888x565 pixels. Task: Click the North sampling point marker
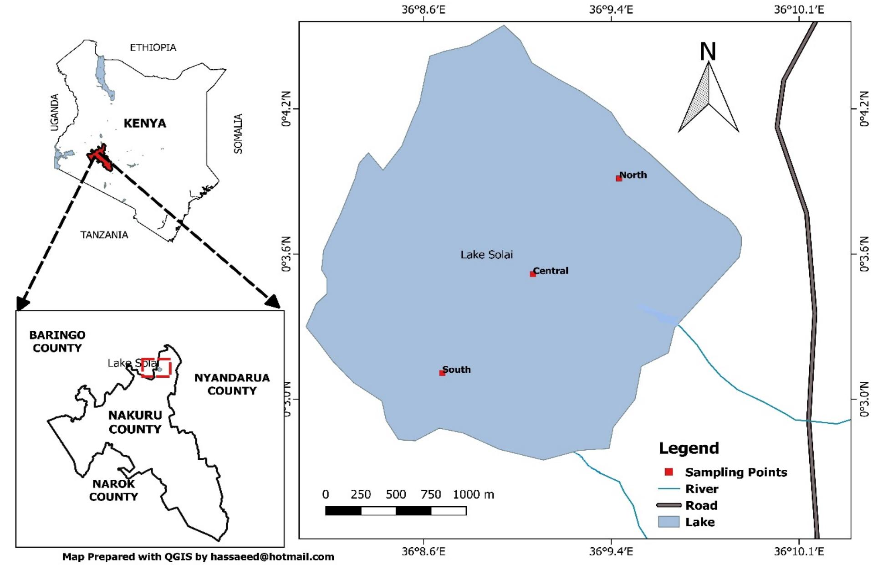[618, 179]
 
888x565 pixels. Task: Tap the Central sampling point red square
[532, 274]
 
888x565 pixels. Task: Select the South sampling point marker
[442, 373]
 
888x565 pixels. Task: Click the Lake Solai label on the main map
[486, 255]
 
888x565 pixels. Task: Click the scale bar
[395, 511]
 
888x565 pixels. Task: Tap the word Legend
[689, 448]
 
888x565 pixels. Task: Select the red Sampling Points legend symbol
[669, 472]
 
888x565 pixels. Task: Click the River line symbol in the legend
[669, 489]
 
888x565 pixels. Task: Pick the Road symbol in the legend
[669, 505]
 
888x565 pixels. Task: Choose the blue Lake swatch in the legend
[669, 522]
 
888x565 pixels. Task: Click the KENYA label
[145, 123]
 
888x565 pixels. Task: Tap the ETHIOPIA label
[153, 47]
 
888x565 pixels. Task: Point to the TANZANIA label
[104, 235]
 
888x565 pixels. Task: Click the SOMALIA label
[238, 134]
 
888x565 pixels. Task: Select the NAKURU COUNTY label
[135, 422]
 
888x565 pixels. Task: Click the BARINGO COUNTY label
[57, 342]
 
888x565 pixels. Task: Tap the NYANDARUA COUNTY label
[232, 384]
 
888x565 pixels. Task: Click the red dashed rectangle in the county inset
[156, 368]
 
